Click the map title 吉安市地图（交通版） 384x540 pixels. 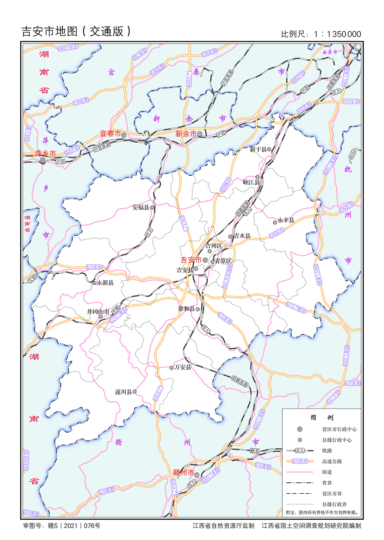click(x=76, y=31)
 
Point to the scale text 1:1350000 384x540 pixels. click(x=337, y=34)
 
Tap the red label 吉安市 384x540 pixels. click(x=191, y=260)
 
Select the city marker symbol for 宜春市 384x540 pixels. click(x=124, y=134)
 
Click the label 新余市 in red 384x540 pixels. click(x=186, y=134)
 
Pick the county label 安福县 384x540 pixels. click(x=141, y=207)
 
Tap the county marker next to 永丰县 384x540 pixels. click(x=275, y=222)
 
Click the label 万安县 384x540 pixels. click(x=183, y=367)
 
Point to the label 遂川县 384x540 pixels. click(x=123, y=392)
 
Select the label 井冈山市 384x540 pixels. click(x=98, y=312)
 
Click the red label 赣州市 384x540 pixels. click(x=183, y=473)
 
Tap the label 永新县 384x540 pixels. click(x=105, y=283)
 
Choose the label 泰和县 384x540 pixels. click(x=186, y=309)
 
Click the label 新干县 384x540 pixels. click(x=258, y=149)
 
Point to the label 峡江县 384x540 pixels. click(x=251, y=182)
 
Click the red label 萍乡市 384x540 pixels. click(x=45, y=153)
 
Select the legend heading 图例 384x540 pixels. click(x=322, y=417)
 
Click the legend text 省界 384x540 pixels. click(x=327, y=483)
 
